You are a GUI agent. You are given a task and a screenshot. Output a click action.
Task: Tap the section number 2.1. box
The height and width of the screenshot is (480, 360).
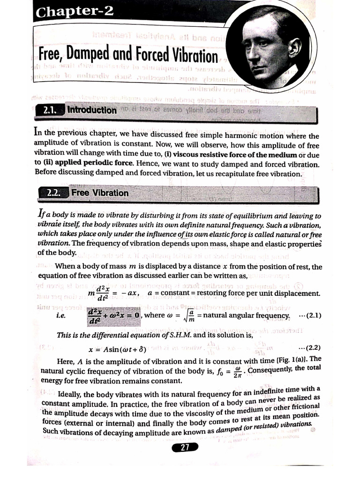click(x=49, y=111)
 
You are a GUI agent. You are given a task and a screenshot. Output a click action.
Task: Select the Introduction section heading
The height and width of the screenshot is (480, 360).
click(x=92, y=111)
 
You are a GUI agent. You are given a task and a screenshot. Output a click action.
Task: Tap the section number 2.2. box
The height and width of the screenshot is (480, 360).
click(x=54, y=193)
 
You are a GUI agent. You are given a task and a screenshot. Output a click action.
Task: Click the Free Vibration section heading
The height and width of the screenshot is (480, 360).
click(x=99, y=193)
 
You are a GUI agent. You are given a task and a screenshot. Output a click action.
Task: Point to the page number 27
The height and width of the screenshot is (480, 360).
click(x=185, y=447)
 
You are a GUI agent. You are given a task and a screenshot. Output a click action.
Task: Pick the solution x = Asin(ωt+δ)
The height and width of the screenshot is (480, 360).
click(x=118, y=349)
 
